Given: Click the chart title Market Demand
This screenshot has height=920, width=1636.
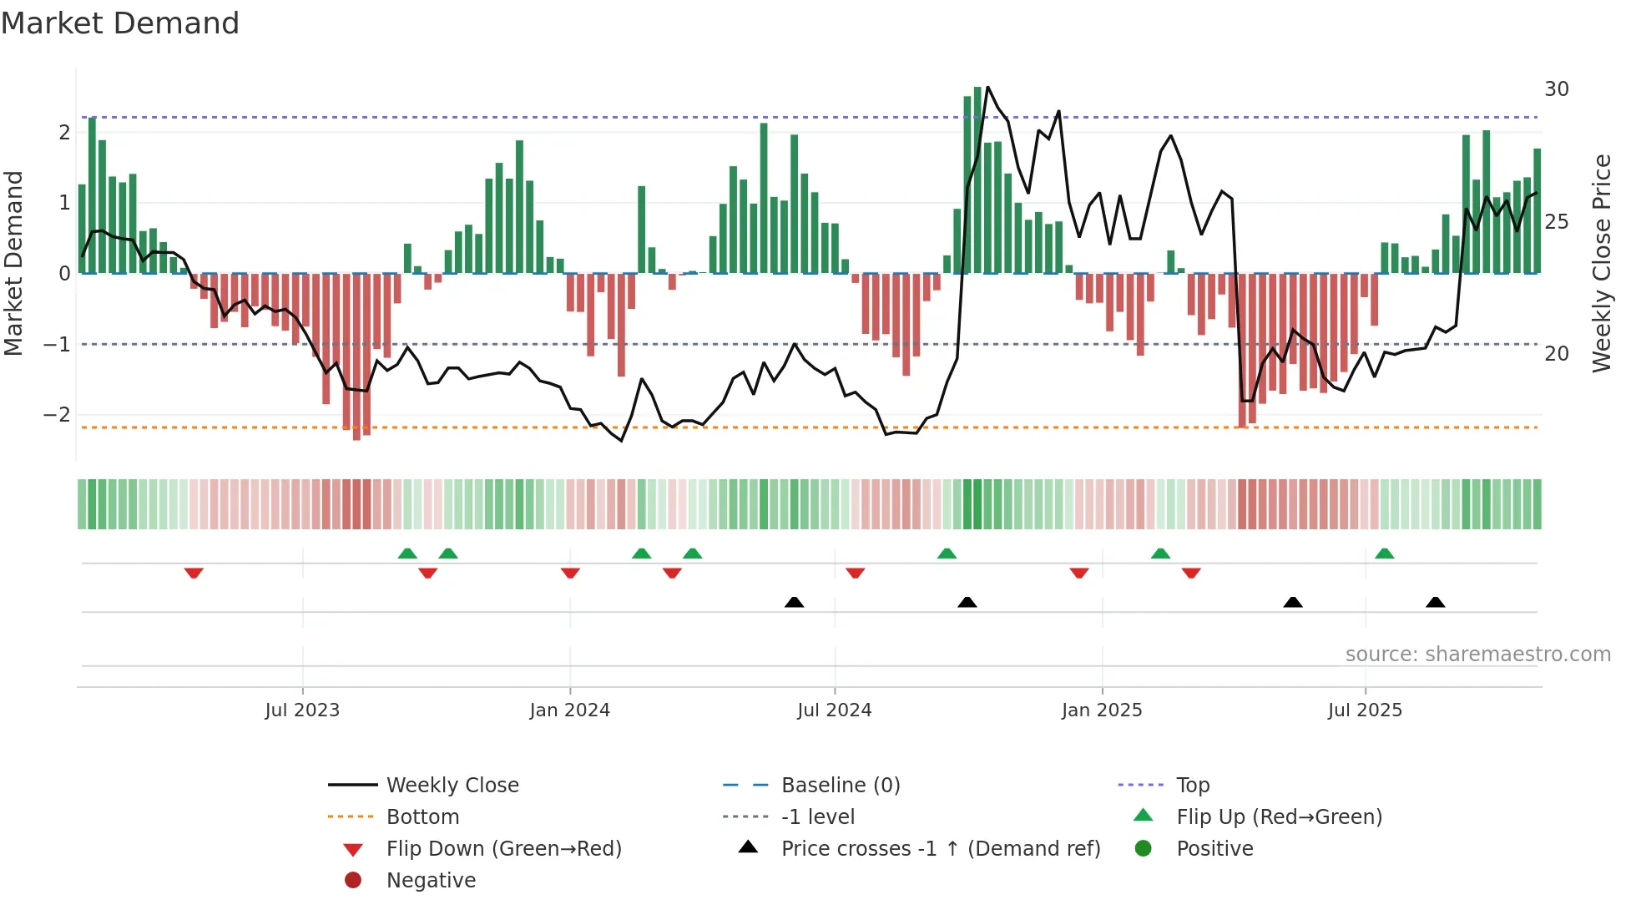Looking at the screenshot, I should (x=120, y=23).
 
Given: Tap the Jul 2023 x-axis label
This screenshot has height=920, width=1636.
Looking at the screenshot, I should (x=302, y=710).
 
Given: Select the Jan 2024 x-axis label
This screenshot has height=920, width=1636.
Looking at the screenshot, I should (x=570, y=710).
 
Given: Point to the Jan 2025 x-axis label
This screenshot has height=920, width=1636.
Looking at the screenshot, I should (x=1102, y=710).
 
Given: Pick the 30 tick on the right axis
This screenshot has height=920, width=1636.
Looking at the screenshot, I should (x=1556, y=89).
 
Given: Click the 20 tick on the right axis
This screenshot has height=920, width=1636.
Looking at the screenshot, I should (x=1556, y=354).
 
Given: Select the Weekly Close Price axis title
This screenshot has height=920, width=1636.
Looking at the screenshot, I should (x=1601, y=263).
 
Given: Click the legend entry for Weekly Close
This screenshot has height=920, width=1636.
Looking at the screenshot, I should (x=452, y=786).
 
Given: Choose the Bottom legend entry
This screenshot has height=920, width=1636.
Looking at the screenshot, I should (x=422, y=817).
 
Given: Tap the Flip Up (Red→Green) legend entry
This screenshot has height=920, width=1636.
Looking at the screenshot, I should (x=1279, y=817).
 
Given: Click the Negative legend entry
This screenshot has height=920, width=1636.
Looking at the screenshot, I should (x=431, y=881).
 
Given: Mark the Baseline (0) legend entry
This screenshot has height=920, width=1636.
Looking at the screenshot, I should (x=840, y=786).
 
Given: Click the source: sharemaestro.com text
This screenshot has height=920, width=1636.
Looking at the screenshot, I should (x=1477, y=655).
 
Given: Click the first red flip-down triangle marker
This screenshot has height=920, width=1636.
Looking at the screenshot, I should (x=194, y=573).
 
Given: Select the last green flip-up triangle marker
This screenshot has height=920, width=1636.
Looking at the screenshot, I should (x=1384, y=554).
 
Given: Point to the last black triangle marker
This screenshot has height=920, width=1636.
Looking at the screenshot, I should (x=1435, y=602).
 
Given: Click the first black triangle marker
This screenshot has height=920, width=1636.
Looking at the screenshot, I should (x=794, y=602).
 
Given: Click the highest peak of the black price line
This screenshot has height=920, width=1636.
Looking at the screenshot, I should (x=987, y=87).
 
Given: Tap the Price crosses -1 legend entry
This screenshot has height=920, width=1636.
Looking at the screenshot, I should (x=940, y=849).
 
